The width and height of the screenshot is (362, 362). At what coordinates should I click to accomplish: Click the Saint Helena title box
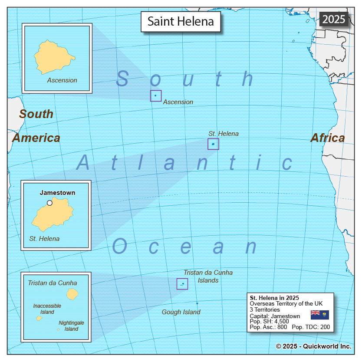click(181, 22)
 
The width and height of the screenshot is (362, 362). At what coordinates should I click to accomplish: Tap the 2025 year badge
click(334, 19)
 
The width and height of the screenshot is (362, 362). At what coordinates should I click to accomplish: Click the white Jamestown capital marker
click(49, 203)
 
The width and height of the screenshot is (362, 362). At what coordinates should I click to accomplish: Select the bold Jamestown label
click(57, 193)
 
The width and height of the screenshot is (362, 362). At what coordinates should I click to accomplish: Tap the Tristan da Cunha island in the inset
click(72, 294)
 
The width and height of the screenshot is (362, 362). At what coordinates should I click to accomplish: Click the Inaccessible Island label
click(47, 309)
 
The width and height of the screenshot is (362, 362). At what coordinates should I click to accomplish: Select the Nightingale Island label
click(71, 326)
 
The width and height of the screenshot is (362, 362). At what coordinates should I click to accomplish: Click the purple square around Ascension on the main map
click(156, 96)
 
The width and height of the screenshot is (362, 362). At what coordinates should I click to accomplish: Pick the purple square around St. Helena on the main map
click(213, 144)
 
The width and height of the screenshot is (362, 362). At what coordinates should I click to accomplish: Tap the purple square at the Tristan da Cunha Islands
click(182, 284)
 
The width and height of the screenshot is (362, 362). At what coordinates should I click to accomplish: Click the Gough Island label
click(181, 312)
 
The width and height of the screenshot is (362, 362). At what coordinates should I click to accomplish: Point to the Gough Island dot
click(197, 303)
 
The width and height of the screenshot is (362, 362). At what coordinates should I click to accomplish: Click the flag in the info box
click(320, 315)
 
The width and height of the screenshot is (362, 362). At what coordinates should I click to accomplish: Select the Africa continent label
click(328, 138)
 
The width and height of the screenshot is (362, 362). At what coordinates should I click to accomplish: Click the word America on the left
click(36, 138)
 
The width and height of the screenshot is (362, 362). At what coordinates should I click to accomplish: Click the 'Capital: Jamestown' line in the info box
click(275, 316)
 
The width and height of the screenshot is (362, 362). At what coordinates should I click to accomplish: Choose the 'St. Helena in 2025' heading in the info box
click(274, 297)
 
